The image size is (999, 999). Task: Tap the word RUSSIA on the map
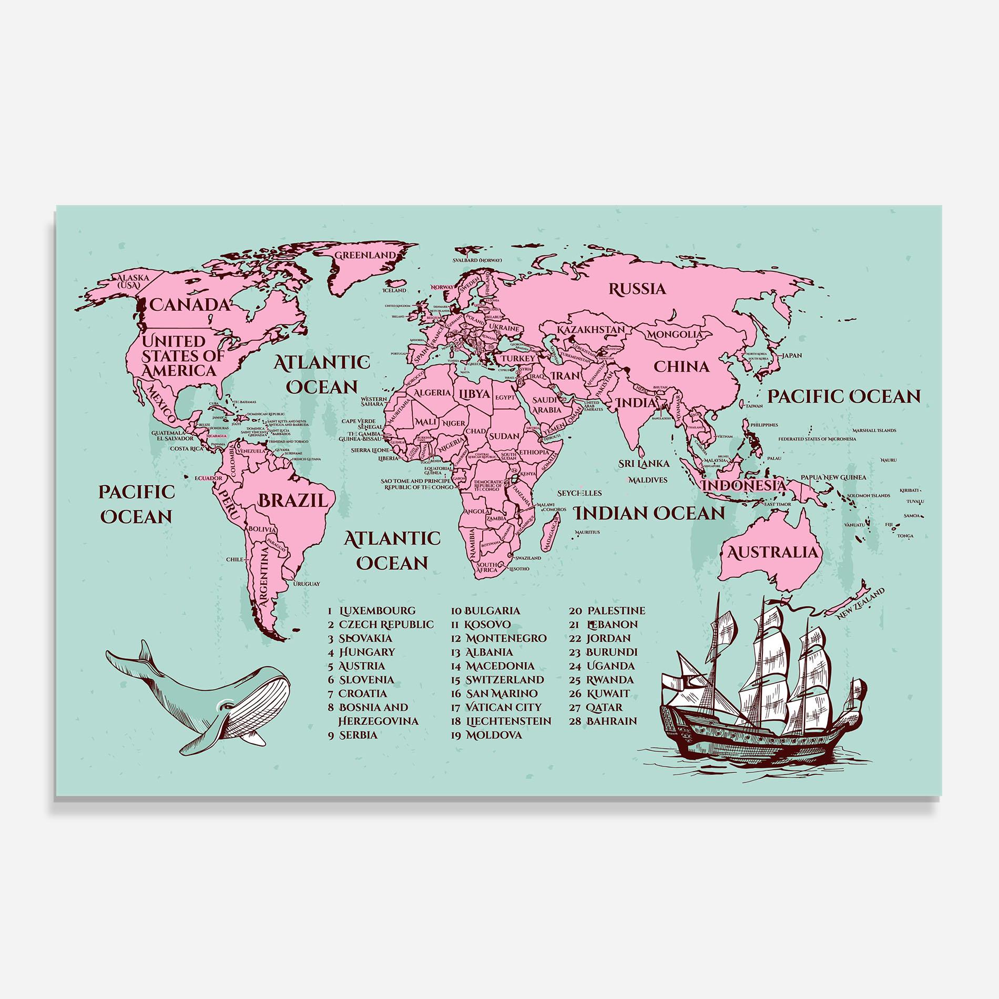pos(637,289)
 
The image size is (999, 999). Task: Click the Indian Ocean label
pos(649,513)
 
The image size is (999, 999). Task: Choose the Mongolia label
pos(675,334)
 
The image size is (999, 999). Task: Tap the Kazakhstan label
pos(591,330)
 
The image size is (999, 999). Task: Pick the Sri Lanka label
pos(644,463)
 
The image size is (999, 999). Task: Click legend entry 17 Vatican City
pos(496,707)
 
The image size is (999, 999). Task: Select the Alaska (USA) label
pos(132,281)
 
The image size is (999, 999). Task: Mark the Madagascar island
pos(551,533)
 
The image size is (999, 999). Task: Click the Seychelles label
pos(579,493)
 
